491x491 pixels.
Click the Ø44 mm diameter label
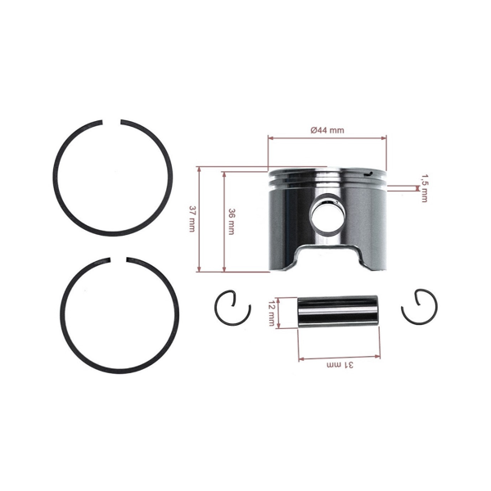click(x=327, y=130)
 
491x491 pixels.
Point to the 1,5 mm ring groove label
click(x=423, y=188)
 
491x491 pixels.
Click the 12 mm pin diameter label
click(x=272, y=312)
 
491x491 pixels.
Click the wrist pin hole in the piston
click(x=327, y=214)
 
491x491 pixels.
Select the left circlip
click(x=231, y=309)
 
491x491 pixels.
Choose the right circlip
click(x=420, y=308)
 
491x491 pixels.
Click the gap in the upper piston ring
click(x=115, y=123)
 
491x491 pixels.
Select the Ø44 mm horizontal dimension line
click(x=327, y=139)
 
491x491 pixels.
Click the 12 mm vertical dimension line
click(x=279, y=312)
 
